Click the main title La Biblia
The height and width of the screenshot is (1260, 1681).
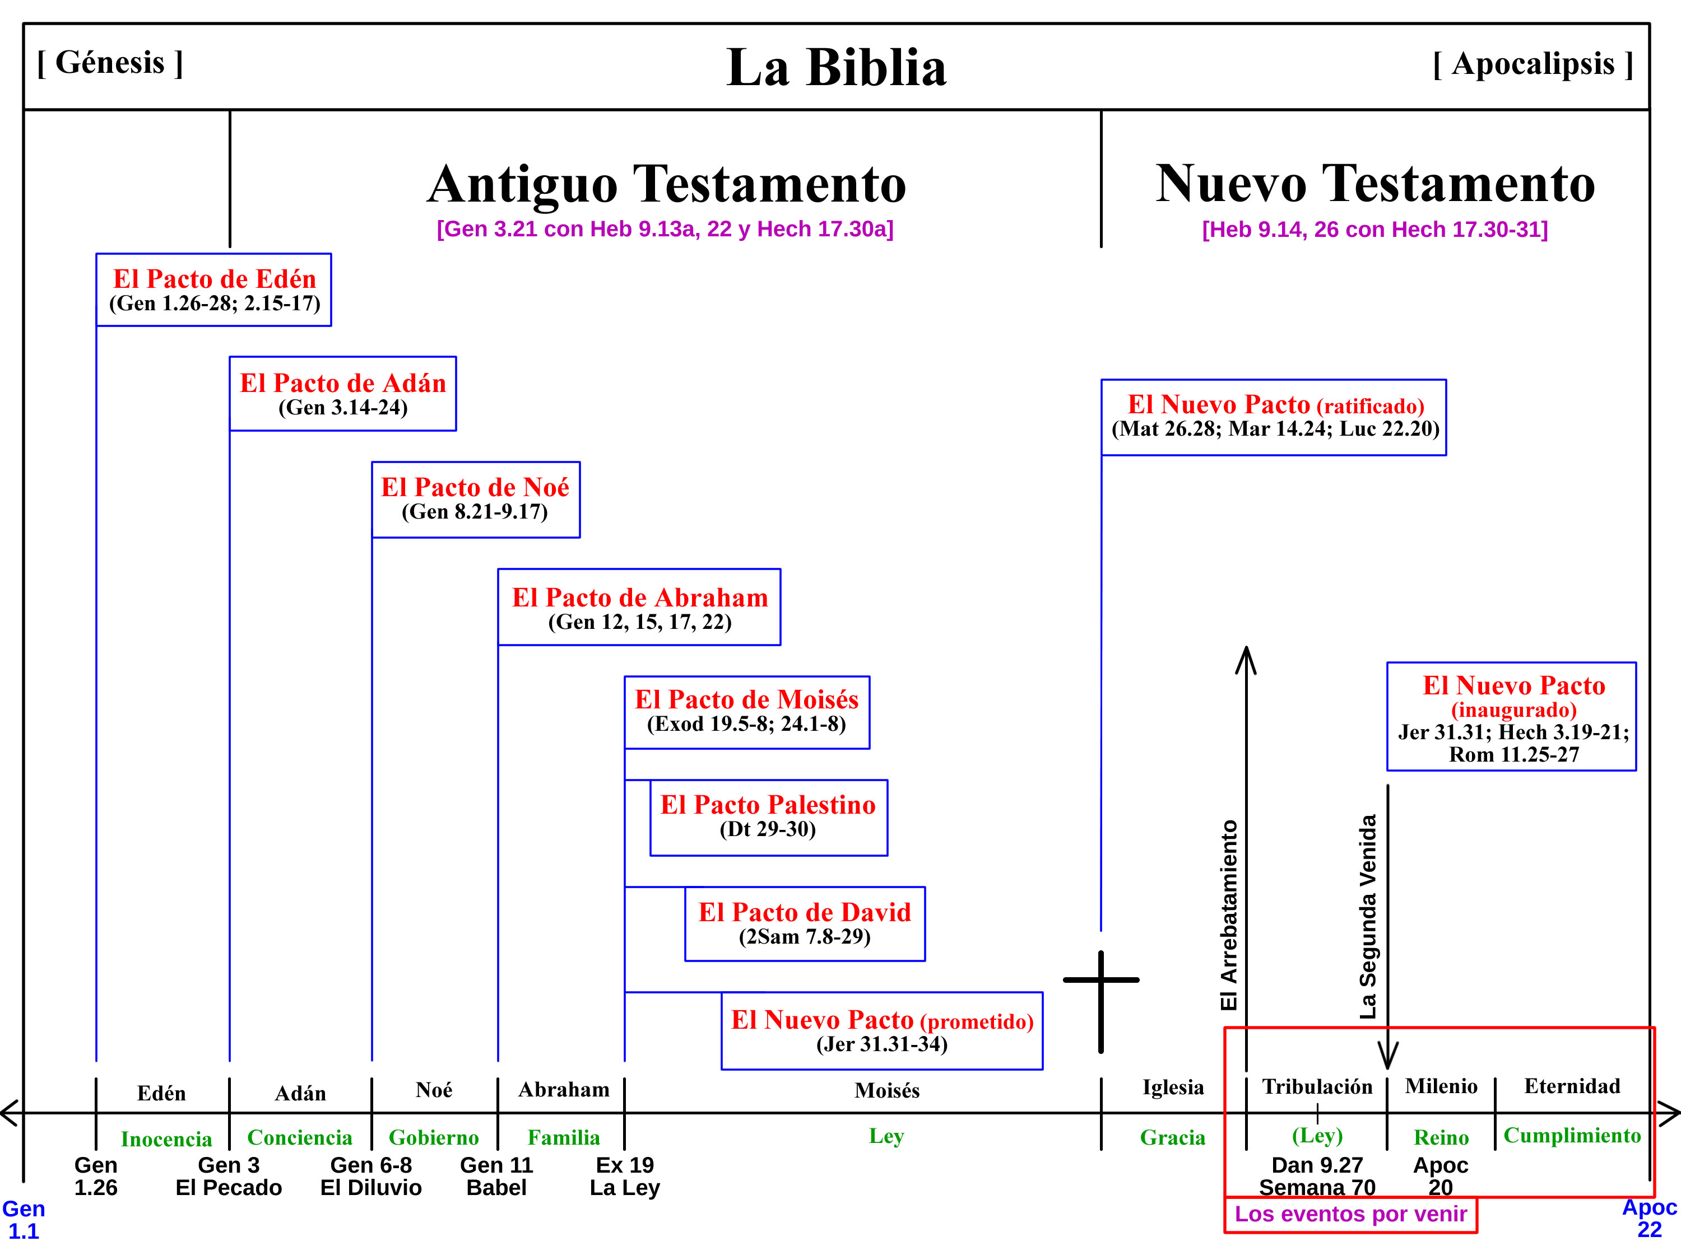836,68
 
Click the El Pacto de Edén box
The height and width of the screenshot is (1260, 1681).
213,290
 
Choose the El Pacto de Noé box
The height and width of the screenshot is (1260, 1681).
475,500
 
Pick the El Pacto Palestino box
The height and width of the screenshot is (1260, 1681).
768,817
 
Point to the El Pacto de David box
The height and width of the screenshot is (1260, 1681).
805,923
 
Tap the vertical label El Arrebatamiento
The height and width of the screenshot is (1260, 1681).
1229,915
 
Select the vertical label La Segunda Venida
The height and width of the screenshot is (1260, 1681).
1368,917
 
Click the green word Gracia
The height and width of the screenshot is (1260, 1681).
1173,1137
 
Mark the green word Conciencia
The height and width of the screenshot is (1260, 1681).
300,1137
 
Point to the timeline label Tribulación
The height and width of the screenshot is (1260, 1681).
1317,1086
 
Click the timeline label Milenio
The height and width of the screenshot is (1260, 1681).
1441,1086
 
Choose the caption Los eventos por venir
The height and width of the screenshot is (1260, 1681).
1350,1214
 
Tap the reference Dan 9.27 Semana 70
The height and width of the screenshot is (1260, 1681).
1317,1175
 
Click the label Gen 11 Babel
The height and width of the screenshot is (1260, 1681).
496,1175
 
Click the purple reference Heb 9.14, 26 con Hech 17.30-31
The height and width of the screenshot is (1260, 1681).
1374,230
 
